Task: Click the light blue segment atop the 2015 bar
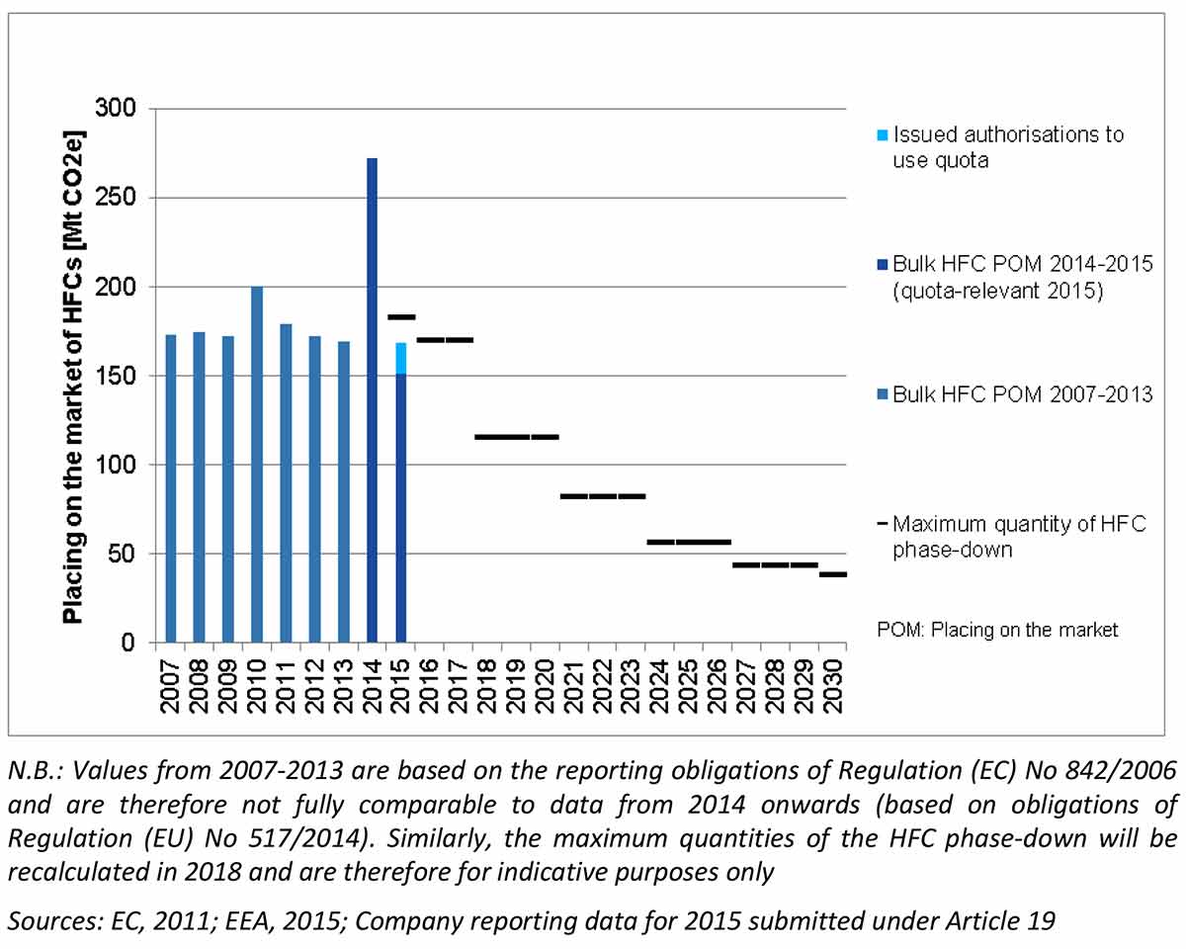pos(400,358)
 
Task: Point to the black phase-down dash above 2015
pos(400,317)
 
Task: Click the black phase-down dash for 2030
pos(833,574)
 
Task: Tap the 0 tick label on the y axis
pos(127,644)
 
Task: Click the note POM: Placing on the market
pos(997,630)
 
